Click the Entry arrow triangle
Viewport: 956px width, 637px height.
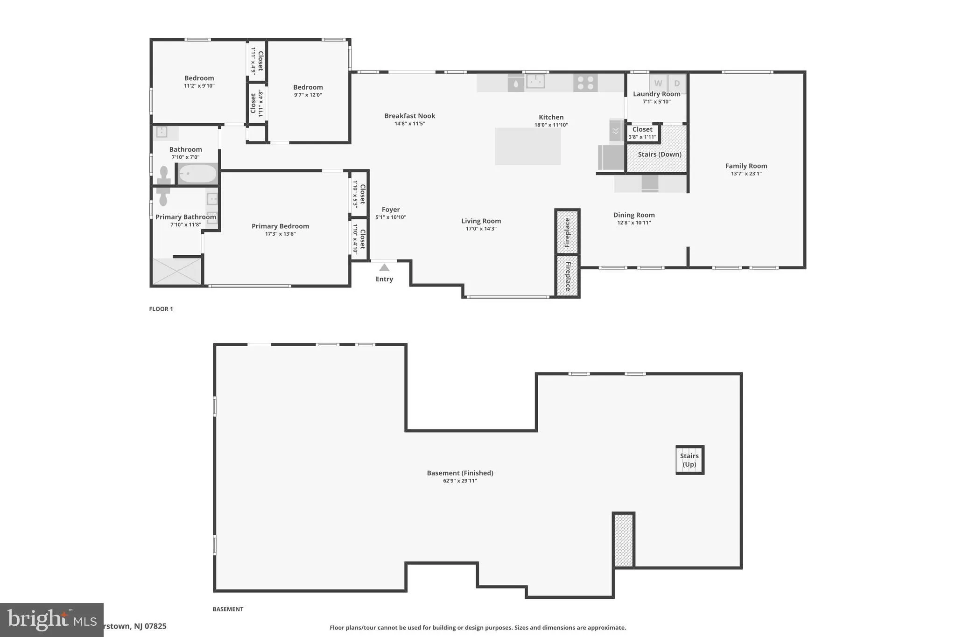(x=384, y=267)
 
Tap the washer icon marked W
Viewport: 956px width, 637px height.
(x=658, y=84)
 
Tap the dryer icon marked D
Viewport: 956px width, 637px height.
(x=677, y=84)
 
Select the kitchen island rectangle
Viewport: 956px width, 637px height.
(x=527, y=146)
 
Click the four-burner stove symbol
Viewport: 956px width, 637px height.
(x=585, y=83)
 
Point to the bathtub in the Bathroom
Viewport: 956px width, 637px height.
(x=198, y=175)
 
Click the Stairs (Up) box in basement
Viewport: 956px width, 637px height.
(x=689, y=460)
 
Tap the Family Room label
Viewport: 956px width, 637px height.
(x=746, y=166)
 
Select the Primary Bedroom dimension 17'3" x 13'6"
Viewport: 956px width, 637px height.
(x=280, y=234)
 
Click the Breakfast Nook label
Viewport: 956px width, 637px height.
(x=409, y=116)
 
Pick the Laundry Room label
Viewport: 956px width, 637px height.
(x=656, y=94)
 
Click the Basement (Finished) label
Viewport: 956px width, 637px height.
(x=460, y=473)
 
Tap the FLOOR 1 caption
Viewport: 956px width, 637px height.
(x=161, y=309)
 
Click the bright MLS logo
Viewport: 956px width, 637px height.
(x=51, y=620)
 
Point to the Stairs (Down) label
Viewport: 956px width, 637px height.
(x=659, y=154)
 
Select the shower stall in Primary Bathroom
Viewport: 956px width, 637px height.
(x=177, y=271)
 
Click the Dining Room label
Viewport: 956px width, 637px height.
(x=633, y=215)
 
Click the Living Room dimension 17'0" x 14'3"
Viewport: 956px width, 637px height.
(x=481, y=229)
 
